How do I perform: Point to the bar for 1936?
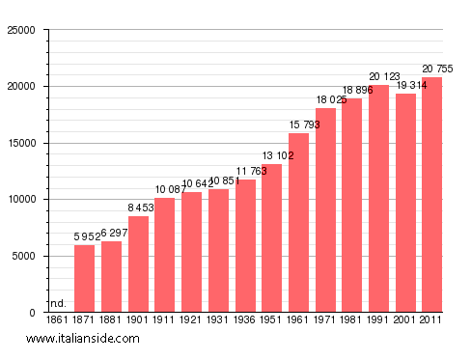point(245,245)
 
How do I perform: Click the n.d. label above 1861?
point(58,303)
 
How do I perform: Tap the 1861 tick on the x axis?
point(58,319)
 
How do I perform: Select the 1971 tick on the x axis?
point(325,319)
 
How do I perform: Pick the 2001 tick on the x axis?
point(405,319)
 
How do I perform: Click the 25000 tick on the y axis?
point(20,30)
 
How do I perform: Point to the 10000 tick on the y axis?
point(20,200)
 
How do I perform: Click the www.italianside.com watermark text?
point(83,339)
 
